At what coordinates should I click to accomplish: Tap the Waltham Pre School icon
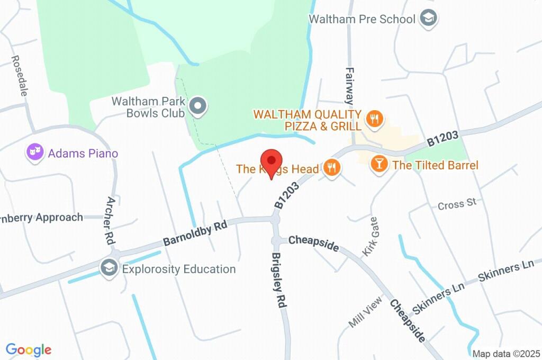coord(427,19)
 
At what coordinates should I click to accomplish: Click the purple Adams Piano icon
coord(35,153)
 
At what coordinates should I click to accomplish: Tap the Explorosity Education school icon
coord(109,268)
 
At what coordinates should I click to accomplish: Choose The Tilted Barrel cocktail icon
coord(379,164)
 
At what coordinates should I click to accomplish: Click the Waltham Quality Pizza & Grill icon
coord(375,120)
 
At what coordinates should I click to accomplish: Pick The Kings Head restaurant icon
coord(332,168)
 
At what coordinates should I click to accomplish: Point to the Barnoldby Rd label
coord(194,233)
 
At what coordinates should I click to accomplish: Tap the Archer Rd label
coord(111,220)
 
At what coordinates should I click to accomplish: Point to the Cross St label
coord(457,204)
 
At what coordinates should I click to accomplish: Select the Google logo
coord(29,349)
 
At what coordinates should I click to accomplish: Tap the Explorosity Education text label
coord(179,269)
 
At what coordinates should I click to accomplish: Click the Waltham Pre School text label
coord(362,19)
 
